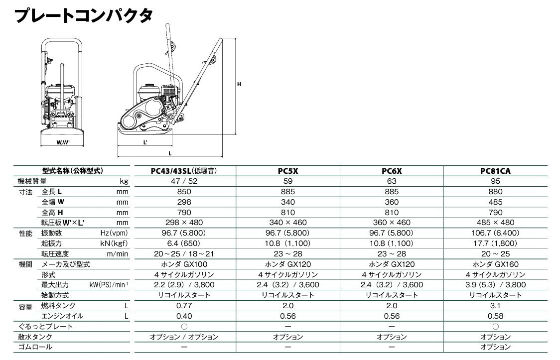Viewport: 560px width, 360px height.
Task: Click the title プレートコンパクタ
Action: [84, 15]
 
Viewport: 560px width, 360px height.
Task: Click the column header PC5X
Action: [287, 171]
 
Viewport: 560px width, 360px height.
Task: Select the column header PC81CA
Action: [495, 171]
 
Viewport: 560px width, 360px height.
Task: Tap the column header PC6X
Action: [391, 171]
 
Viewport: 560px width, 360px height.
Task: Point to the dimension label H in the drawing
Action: [239, 85]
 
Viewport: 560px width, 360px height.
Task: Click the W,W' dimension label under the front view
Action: [63, 143]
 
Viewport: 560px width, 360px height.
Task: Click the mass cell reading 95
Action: [495, 181]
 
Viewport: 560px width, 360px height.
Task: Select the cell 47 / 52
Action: [184, 181]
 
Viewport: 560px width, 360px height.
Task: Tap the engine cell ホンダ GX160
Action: [495, 264]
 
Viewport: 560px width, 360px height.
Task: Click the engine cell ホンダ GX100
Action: [184, 264]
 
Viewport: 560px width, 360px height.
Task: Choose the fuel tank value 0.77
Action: [184, 306]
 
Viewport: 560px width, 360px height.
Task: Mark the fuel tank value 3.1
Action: [495, 306]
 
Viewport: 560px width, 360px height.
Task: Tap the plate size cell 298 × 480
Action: [184, 223]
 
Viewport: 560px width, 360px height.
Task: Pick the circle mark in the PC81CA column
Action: [495, 327]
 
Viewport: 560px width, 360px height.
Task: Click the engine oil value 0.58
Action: [495, 316]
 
